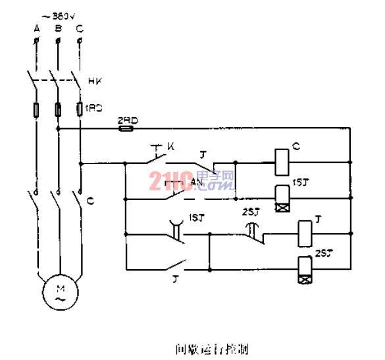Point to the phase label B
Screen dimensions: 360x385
(58, 28)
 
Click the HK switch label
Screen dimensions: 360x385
(94, 82)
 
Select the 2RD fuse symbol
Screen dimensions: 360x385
(125, 130)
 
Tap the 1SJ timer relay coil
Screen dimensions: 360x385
(283, 198)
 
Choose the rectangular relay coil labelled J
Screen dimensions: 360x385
(305, 232)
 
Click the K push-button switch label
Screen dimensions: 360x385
(170, 145)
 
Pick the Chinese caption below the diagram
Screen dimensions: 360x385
(203, 347)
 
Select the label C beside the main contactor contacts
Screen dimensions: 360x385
(90, 202)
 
